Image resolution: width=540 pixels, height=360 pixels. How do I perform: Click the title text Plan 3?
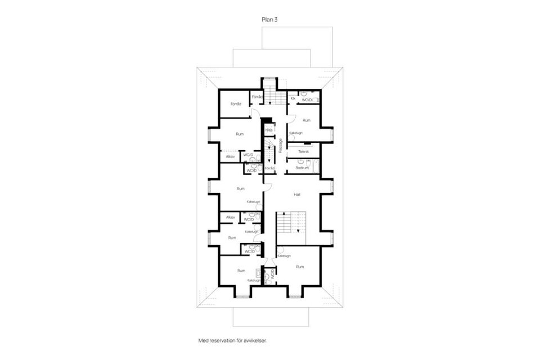[x=269, y=19]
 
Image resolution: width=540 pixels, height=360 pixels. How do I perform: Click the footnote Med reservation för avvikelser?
[x=232, y=340]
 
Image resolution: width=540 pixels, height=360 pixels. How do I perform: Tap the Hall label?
[x=296, y=194]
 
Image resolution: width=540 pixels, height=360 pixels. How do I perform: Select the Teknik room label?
[x=303, y=152]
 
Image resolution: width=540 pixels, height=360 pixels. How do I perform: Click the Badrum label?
[x=302, y=167]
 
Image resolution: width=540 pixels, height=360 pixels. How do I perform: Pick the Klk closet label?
[x=293, y=98]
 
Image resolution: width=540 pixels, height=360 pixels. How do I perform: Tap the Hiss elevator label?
[x=269, y=130]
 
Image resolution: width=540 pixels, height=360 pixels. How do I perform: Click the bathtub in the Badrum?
[x=316, y=166]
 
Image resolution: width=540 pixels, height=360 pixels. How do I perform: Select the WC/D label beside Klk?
[x=307, y=100]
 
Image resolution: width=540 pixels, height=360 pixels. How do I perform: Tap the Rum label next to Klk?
[x=307, y=120]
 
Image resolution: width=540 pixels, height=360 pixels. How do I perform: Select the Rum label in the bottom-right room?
[x=300, y=267]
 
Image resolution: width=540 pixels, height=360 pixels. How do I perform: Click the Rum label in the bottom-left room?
[x=241, y=271]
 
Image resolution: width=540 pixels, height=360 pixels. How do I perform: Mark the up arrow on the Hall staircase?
[x=285, y=214]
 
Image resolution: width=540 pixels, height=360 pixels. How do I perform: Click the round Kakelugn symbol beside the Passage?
[x=291, y=137]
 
